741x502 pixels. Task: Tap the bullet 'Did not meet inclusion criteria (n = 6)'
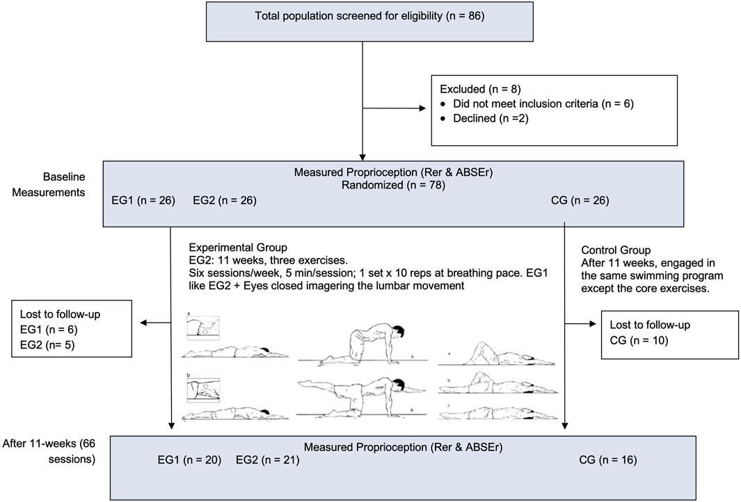[541, 104]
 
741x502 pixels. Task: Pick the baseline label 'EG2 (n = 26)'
[225, 201]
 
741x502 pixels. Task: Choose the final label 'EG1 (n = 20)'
[190, 460]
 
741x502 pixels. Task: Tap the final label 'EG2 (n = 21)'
[268, 460]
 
